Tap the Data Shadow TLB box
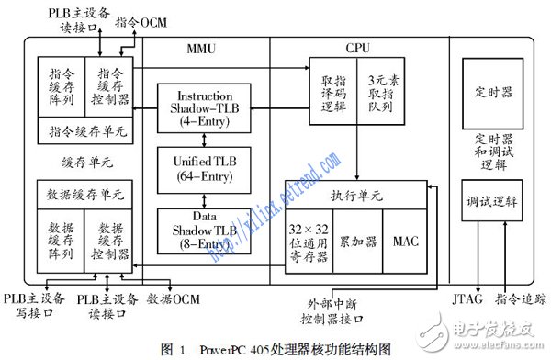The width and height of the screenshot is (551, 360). click(x=204, y=230)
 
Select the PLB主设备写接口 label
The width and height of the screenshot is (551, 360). click(x=35, y=305)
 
